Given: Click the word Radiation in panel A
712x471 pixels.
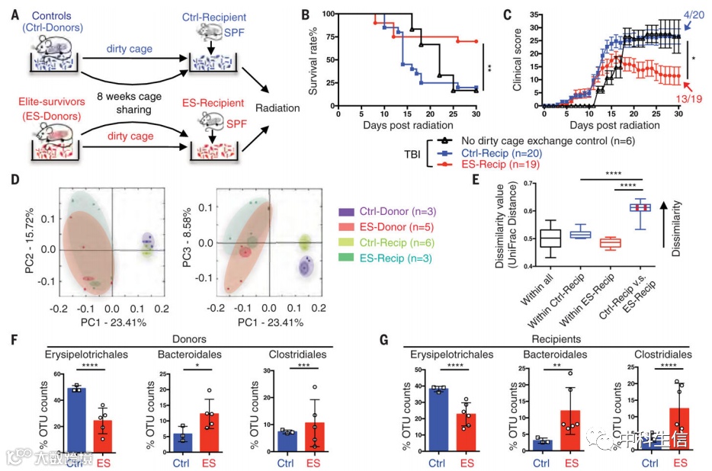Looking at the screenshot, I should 279,107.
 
